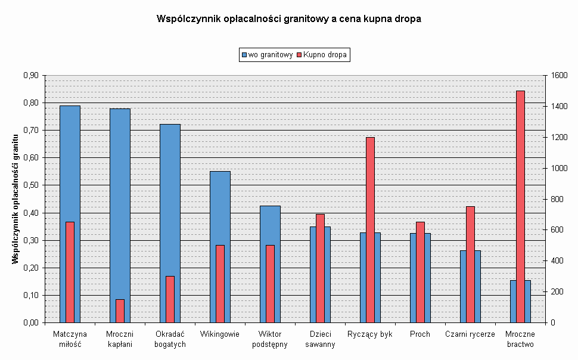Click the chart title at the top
pos(288,19)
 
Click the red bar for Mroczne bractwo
pos(520,206)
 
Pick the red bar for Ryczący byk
pos(370,229)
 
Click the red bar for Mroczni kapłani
pos(120,311)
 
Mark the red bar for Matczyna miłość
pos(70,272)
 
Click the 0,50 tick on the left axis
pos(31,185)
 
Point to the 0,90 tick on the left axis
pos(31,76)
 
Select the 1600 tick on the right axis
pos(559,76)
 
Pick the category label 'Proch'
pos(419,334)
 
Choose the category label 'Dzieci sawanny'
pos(320,339)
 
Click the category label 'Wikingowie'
pos(220,334)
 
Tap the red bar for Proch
pos(420,272)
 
